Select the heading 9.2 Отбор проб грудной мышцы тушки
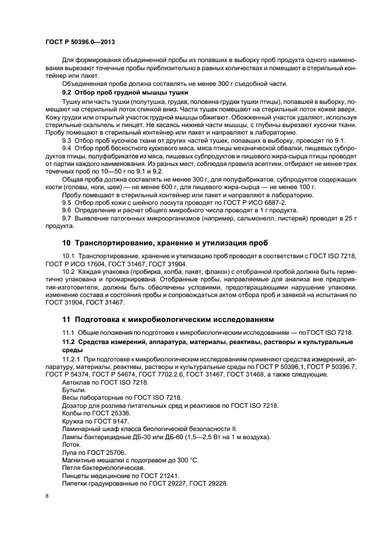click(x=125, y=92)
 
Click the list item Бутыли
click(x=71, y=390)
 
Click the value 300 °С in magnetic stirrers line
click(x=187, y=460)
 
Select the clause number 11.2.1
click(x=71, y=360)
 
